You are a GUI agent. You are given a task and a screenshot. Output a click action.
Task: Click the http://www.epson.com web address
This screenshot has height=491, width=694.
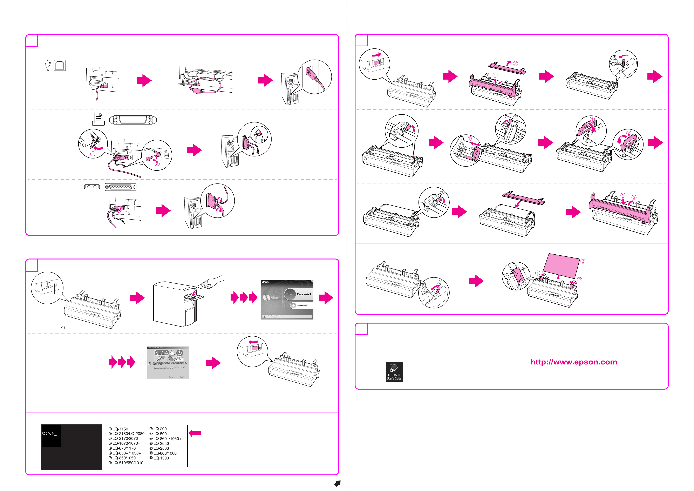pos(574,362)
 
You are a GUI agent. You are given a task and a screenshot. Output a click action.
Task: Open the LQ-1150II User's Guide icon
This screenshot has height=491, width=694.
pos(394,372)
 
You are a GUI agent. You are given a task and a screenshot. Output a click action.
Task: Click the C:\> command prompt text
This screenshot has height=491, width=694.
pos(50,433)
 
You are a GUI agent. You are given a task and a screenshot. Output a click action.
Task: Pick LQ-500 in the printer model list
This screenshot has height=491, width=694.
pos(160,433)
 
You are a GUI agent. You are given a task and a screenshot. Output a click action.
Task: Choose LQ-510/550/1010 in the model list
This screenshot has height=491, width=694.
pos(128,463)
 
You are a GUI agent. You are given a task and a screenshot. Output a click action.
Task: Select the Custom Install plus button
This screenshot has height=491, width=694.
pos(293,305)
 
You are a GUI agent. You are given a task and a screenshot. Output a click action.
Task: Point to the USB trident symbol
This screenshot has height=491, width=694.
pos(47,65)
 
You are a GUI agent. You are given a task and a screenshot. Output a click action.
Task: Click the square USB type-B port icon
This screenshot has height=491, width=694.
pos(60,65)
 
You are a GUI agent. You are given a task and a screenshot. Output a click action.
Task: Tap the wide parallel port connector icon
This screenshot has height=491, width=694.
pos(133,120)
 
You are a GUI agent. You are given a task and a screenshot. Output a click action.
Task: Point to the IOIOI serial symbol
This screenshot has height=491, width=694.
pos(92,187)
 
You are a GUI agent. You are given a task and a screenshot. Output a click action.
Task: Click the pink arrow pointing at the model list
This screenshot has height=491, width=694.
pos(195,433)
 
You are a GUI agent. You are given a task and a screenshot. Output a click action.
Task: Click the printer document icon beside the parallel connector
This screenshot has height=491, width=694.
pos(98,119)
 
